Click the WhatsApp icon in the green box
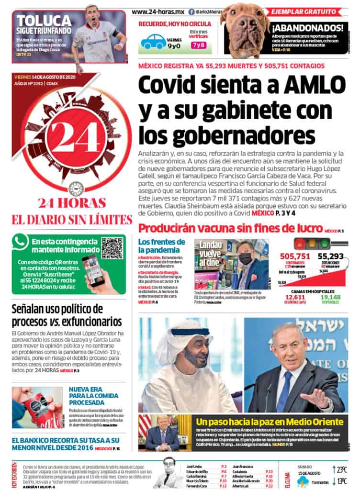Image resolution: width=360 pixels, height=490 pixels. click(22, 242)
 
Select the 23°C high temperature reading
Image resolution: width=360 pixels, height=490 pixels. click(342, 469)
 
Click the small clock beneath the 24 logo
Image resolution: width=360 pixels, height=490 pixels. click(74, 187)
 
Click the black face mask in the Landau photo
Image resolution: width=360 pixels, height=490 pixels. click(245, 259)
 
